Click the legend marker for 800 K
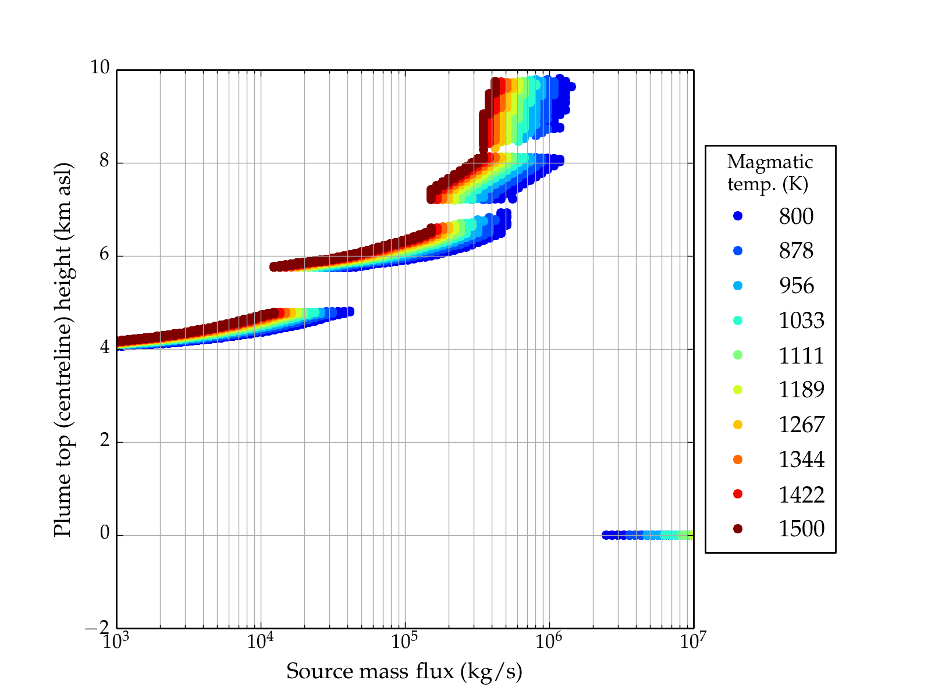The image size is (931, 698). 738,216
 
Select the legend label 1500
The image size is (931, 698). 801,529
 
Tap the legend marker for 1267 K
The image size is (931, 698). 738,425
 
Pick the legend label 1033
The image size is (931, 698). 801,320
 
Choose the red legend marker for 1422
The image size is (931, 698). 738,494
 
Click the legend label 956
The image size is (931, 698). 797,286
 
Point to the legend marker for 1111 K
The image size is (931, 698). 738,355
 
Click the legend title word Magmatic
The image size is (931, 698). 770,162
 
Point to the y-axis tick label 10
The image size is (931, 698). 100,68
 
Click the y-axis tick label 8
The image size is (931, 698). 104,161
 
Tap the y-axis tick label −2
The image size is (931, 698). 97,628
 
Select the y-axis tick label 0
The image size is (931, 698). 104,533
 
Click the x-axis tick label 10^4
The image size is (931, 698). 260,641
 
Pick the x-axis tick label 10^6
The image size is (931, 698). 548,641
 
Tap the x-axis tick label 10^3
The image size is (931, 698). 116,641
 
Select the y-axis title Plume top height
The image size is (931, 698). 62,349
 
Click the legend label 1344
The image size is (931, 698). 801,460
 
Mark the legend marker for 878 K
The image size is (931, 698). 738,251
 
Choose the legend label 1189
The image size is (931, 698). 801,390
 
